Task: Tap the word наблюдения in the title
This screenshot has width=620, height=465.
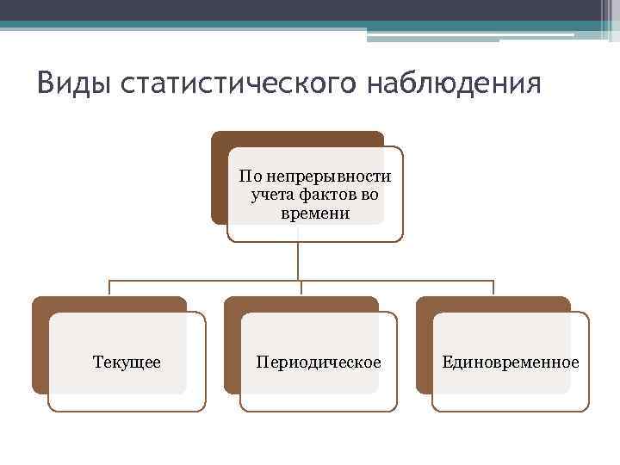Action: coord(455,84)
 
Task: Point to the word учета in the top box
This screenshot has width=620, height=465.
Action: coord(270,195)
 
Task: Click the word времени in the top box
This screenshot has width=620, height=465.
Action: coord(315,213)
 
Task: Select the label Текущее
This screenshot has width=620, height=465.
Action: coord(127,362)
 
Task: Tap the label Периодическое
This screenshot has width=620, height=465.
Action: coord(319,362)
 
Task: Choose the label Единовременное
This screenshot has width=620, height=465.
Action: coord(511,362)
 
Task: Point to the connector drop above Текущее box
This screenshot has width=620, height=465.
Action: coord(108,288)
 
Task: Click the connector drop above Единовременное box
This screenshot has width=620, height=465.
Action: coord(493,288)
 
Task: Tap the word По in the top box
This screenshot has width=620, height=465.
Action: coord(249,177)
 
